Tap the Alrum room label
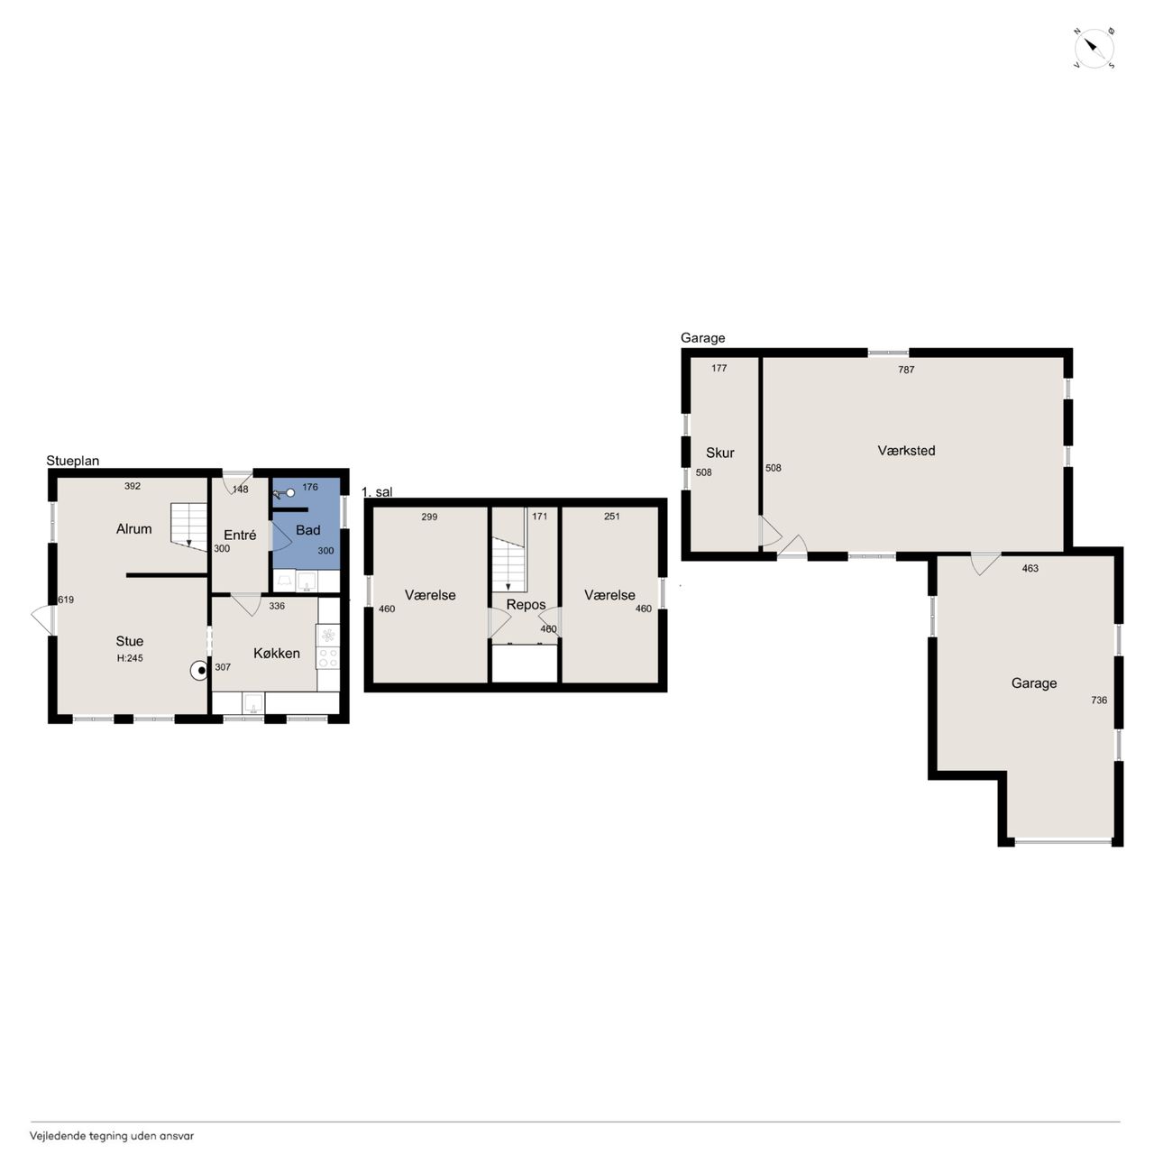click(x=133, y=529)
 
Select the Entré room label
click(x=240, y=535)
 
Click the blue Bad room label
click(x=307, y=530)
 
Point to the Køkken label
click(x=277, y=653)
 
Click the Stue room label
click(x=129, y=641)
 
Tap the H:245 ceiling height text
click(x=129, y=657)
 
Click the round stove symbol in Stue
click(x=199, y=671)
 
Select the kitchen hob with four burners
click(x=328, y=646)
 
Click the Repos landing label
click(x=526, y=605)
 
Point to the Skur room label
click(x=719, y=453)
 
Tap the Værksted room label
click(x=906, y=451)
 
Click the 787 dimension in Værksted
click(x=906, y=370)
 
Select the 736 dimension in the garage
click(x=1099, y=700)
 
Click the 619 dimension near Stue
click(x=66, y=600)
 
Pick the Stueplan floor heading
click(x=73, y=461)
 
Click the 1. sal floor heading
click(x=377, y=491)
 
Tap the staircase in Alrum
click(x=188, y=527)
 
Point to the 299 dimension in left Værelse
click(x=429, y=517)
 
